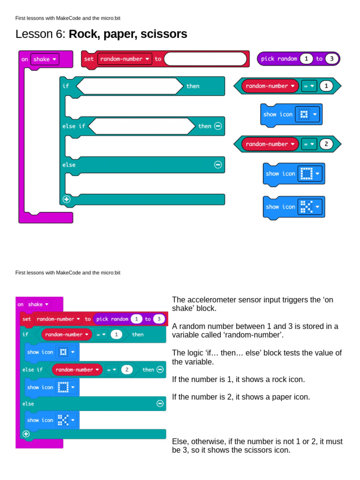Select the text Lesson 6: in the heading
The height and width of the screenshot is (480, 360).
[x=41, y=34]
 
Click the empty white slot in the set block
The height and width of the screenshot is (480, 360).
[x=205, y=59]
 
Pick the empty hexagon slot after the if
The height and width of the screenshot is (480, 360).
[x=129, y=86]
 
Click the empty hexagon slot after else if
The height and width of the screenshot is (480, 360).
[x=141, y=126]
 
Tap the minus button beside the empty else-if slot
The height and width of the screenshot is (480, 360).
[x=218, y=126]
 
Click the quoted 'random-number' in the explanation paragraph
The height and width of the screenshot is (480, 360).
[x=261, y=335]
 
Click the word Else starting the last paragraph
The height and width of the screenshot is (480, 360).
[x=180, y=442]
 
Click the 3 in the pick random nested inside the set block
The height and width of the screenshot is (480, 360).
[x=159, y=319]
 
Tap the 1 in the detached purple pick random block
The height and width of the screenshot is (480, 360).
[x=306, y=59]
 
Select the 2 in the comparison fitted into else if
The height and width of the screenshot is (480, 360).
[x=127, y=370]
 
